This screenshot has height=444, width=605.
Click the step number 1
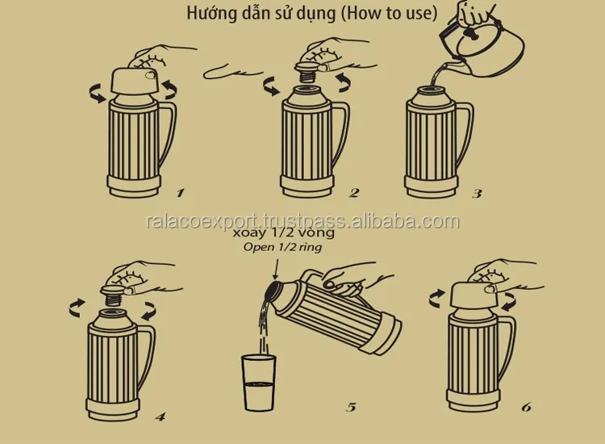pyautogui.click(x=180, y=193)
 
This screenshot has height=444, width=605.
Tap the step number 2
pyautogui.click(x=354, y=193)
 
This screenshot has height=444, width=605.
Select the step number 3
pyautogui.click(x=477, y=193)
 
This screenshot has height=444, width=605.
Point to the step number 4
pyautogui.click(x=161, y=417)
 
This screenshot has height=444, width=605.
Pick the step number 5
pyautogui.click(x=351, y=407)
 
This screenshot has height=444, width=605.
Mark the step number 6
pyautogui.click(x=526, y=407)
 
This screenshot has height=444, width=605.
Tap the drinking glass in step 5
pyautogui.click(x=258, y=383)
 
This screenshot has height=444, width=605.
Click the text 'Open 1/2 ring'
pyautogui.click(x=282, y=247)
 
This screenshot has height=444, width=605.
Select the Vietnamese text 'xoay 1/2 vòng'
pyautogui.click(x=284, y=232)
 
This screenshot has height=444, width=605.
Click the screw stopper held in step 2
pyautogui.click(x=307, y=72)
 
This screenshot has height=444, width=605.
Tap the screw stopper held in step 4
pyautogui.click(x=113, y=295)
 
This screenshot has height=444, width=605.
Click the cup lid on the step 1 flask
pyautogui.click(x=136, y=81)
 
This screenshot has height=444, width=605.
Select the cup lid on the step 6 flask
pyautogui.click(x=476, y=295)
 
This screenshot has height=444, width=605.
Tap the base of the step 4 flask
pyautogui.click(x=113, y=409)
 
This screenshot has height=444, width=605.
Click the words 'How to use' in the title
pyautogui.click(x=390, y=13)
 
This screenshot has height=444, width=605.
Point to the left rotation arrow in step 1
pyautogui.click(x=98, y=93)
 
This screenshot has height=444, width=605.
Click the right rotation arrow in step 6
pyautogui.click(x=510, y=301)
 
